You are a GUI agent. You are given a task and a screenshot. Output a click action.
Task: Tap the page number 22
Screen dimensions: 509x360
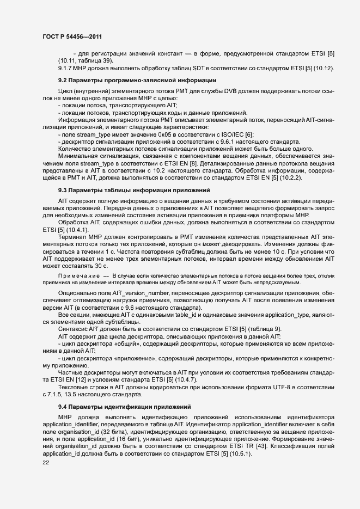39,462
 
